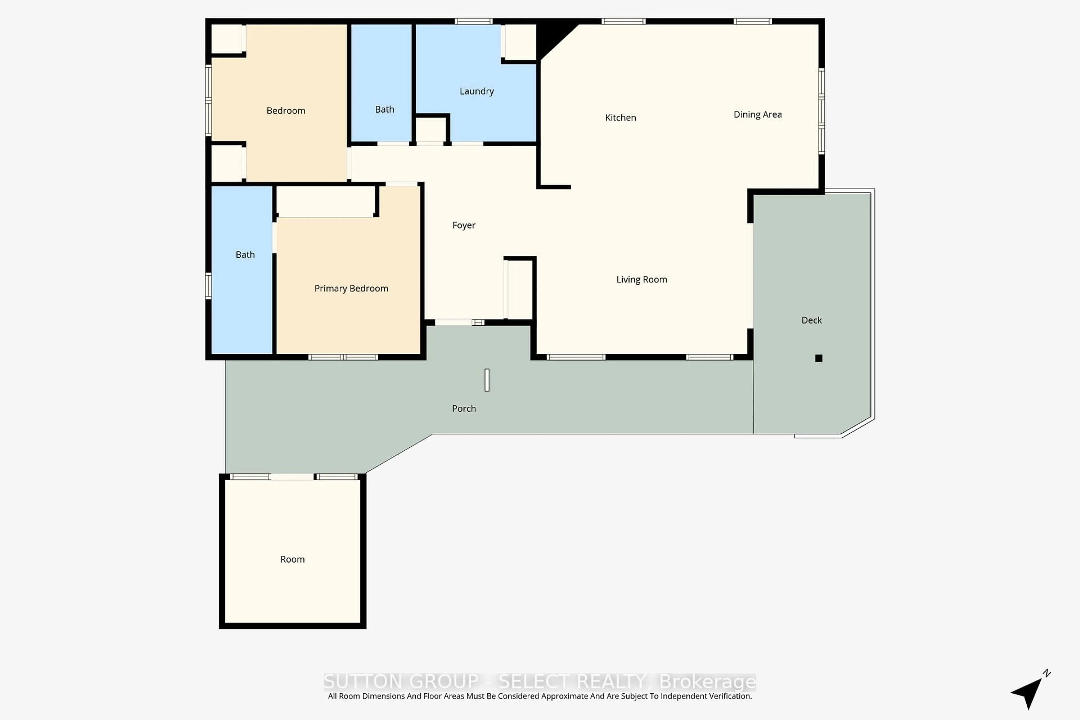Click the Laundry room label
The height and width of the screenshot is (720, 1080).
pyautogui.click(x=477, y=91)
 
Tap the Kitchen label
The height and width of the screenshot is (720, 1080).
pyautogui.click(x=620, y=118)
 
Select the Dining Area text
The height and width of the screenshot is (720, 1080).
pyautogui.click(x=757, y=114)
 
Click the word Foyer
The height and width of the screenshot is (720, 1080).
pyautogui.click(x=463, y=225)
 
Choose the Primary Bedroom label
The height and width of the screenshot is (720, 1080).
pyautogui.click(x=351, y=288)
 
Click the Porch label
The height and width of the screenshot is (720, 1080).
pyautogui.click(x=463, y=408)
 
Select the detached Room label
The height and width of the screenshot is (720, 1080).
pyautogui.click(x=292, y=559)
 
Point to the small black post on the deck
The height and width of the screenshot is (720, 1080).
pyautogui.click(x=818, y=358)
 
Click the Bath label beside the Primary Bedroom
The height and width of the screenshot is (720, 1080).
pyautogui.click(x=245, y=254)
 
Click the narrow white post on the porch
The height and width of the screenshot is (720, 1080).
pyautogui.click(x=487, y=380)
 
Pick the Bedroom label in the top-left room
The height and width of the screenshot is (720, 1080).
pyautogui.click(x=286, y=111)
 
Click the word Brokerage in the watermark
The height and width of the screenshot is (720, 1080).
pyautogui.click(x=707, y=681)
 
